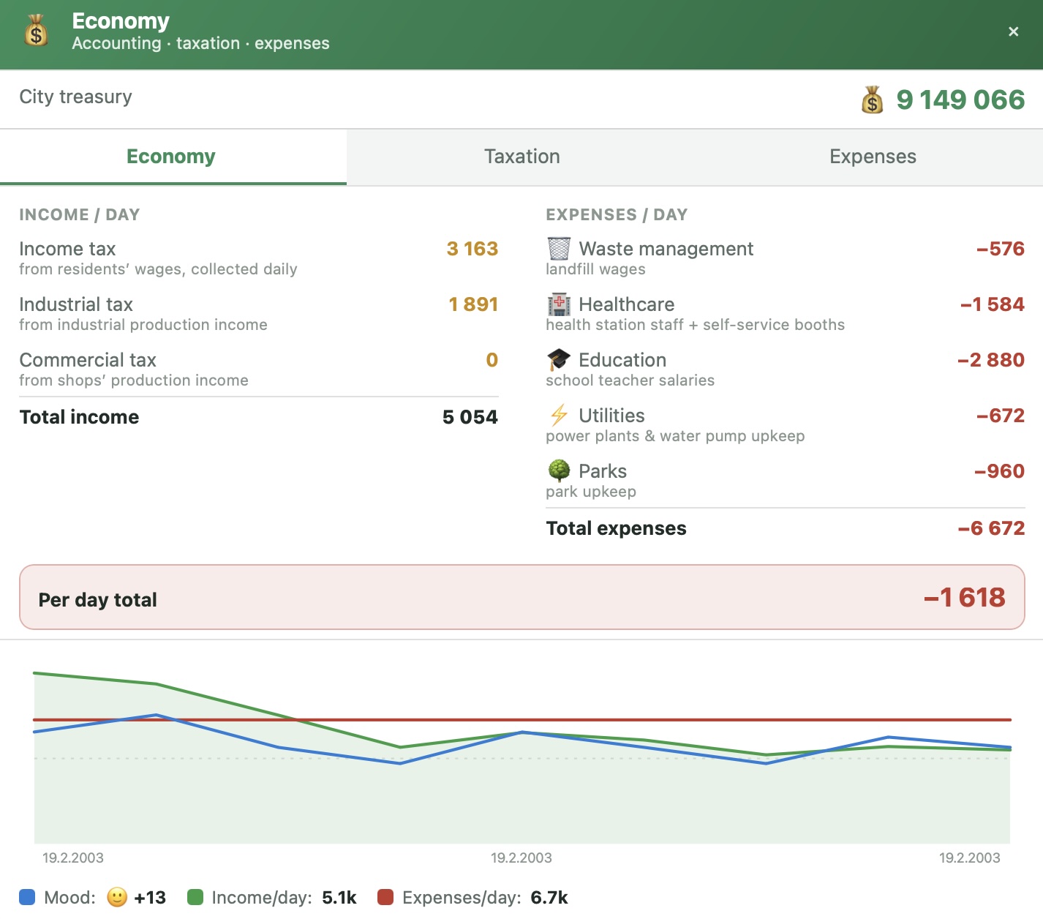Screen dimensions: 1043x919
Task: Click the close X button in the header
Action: [x=1013, y=32]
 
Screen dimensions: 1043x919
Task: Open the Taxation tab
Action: [x=521, y=157]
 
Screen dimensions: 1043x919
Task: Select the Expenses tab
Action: [x=873, y=157]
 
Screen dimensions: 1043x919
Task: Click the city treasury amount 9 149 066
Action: [x=960, y=100]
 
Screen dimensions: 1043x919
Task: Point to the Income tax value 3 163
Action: [x=472, y=249]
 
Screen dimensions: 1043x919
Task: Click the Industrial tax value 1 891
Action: [x=473, y=304]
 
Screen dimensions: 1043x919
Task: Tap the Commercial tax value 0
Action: [x=492, y=360]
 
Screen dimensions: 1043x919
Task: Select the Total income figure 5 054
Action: [x=470, y=417]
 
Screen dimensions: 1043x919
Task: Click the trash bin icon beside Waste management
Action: [x=559, y=249]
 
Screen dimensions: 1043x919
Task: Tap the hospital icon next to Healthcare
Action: [x=559, y=304]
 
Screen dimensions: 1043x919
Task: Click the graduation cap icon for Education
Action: [x=559, y=360]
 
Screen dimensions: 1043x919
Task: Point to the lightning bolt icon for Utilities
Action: [x=559, y=416]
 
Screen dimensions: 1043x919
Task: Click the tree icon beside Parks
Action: [x=559, y=470]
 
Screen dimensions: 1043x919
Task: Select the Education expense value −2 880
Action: [x=991, y=360]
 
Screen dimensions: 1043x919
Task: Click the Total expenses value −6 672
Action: [x=991, y=528]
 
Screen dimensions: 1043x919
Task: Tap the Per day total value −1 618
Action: [x=964, y=598]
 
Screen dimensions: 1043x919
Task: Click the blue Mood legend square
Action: [x=27, y=897]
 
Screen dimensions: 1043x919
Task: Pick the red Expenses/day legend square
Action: [x=385, y=897]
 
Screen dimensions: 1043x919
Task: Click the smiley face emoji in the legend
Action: [x=117, y=897]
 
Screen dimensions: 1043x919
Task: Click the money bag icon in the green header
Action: [x=36, y=31]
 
